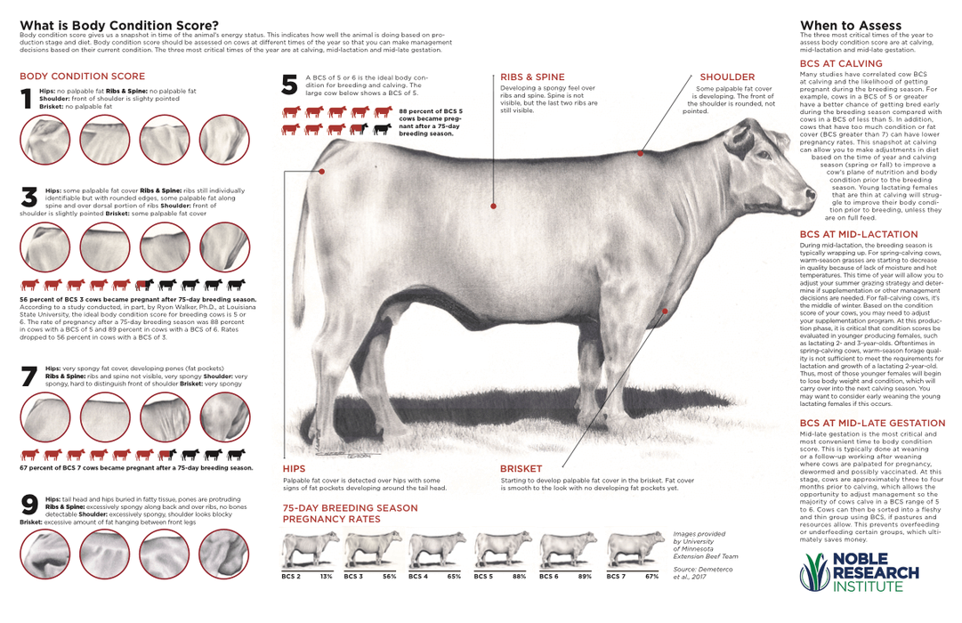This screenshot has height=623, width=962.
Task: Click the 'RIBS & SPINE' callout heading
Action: (532, 78)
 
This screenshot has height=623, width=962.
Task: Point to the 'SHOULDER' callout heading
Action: (727, 78)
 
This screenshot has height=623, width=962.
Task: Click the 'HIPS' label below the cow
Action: (294, 467)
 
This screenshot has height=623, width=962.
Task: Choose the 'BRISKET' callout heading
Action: (521, 467)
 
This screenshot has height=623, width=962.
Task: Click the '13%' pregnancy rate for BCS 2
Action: (326, 576)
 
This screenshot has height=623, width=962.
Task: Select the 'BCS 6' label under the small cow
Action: (549, 576)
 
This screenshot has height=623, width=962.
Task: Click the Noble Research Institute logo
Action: (855, 572)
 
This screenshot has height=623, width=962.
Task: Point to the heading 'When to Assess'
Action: (851, 25)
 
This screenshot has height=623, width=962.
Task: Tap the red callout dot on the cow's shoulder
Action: (641, 153)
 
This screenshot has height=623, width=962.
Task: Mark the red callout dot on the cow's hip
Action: (321, 172)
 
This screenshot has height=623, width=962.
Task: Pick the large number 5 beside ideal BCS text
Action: (289, 85)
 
